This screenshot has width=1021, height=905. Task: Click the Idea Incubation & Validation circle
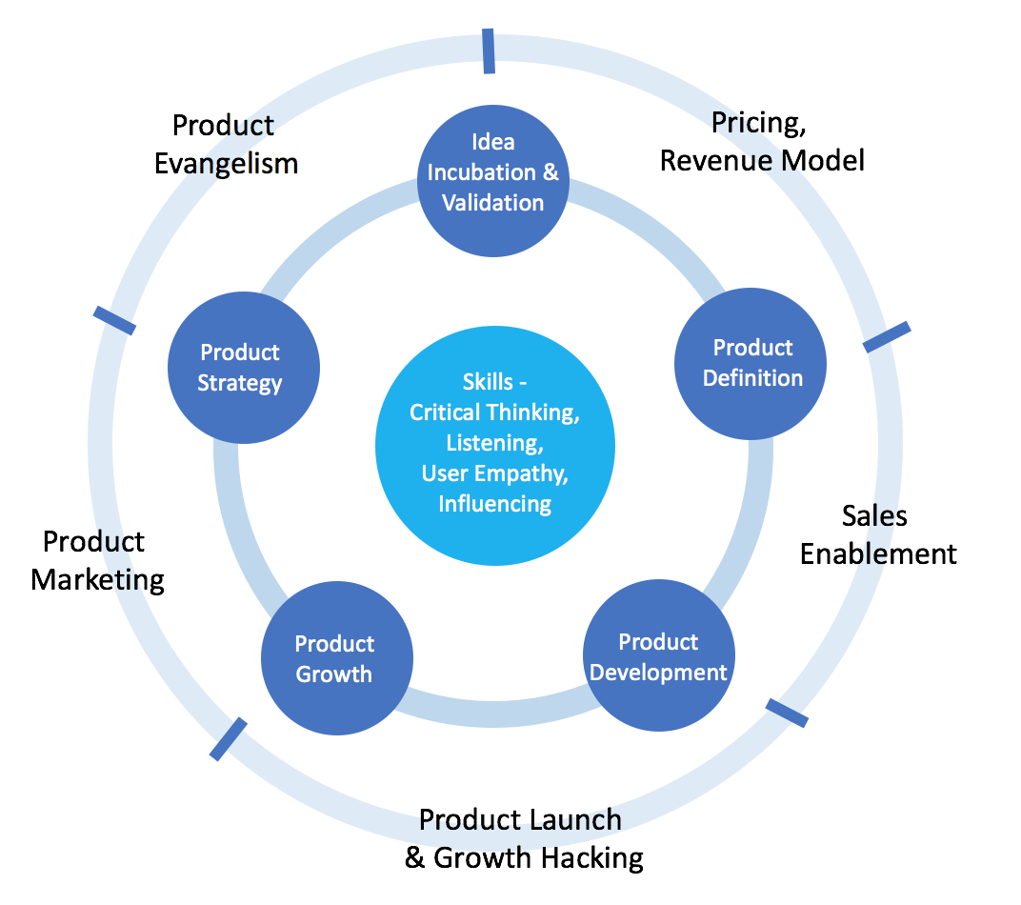tap(493, 172)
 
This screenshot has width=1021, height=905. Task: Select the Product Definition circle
tap(751, 363)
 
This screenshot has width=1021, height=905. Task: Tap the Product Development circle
tap(658, 656)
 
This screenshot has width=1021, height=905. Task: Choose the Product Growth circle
tap(336, 658)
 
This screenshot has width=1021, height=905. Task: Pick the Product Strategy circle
tap(242, 368)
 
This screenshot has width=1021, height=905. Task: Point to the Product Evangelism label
tap(226, 144)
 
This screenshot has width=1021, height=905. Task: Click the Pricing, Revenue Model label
tap(762, 141)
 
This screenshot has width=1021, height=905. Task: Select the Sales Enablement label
tap(877, 534)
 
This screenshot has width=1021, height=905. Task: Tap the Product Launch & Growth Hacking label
tap(523, 838)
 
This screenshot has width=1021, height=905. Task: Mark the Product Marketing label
tap(97, 560)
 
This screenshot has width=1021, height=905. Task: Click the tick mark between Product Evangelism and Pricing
tap(489, 50)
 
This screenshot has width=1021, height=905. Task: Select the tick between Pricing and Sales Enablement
tap(887, 337)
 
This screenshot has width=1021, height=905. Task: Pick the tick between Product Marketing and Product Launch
tap(228, 739)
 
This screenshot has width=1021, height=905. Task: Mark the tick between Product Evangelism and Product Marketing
tap(114, 321)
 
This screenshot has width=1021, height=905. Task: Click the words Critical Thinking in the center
tap(494, 412)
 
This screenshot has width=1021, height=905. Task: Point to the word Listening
tap(494, 443)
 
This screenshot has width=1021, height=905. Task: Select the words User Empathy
tap(494, 473)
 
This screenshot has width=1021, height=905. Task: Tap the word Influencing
tap(494, 503)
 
